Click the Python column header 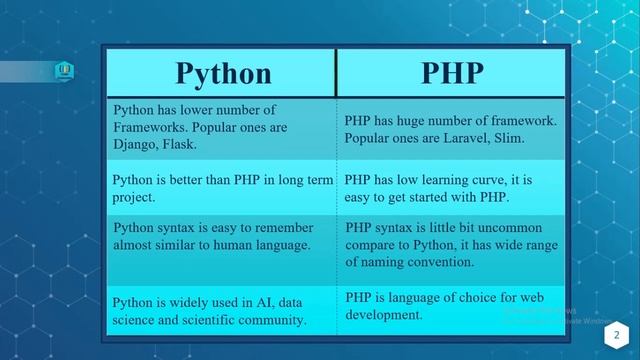223,73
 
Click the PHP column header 451,73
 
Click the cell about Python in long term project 220,188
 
